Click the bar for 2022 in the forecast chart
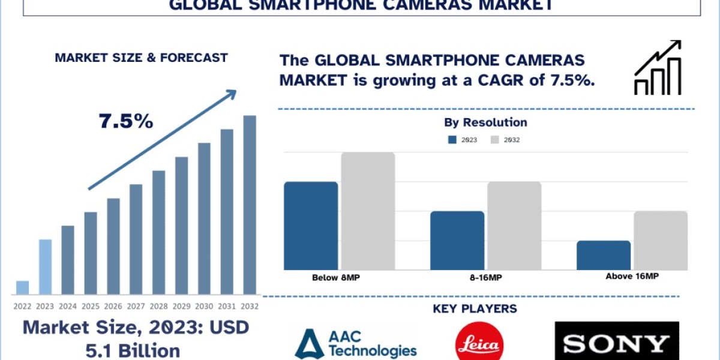tap(22, 287)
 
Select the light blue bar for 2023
tap(45, 267)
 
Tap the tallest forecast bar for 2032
tap(250, 205)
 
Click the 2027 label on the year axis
tap(136, 306)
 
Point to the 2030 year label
tap(204, 306)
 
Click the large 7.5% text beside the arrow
tap(126, 122)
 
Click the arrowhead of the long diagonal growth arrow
tap(230, 95)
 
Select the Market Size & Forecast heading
tap(141, 58)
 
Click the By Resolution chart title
tap(485, 122)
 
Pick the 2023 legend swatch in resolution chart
tap(453, 140)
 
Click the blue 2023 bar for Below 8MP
tap(311, 226)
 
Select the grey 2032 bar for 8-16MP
tap(514, 226)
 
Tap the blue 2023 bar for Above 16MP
tap(604, 255)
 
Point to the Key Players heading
tap(475, 309)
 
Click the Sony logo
tap(617, 343)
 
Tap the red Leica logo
tap(479, 343)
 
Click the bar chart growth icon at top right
tap(658, 68)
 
